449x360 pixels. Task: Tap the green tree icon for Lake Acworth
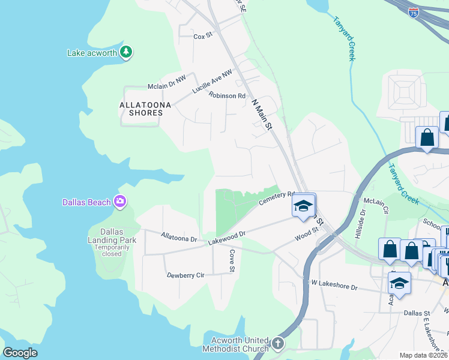[125, 52]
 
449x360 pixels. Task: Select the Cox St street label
[203, 36]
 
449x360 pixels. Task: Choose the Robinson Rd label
[227, 95]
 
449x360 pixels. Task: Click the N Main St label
[262, 115]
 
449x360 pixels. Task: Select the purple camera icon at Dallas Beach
[120, 202]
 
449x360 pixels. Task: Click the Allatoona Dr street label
[179, 238]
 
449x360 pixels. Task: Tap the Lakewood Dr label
[228, 238]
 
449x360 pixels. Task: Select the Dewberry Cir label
[185, 275]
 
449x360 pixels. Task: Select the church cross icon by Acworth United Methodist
[277, 344]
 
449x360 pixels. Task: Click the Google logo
[20, 353]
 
